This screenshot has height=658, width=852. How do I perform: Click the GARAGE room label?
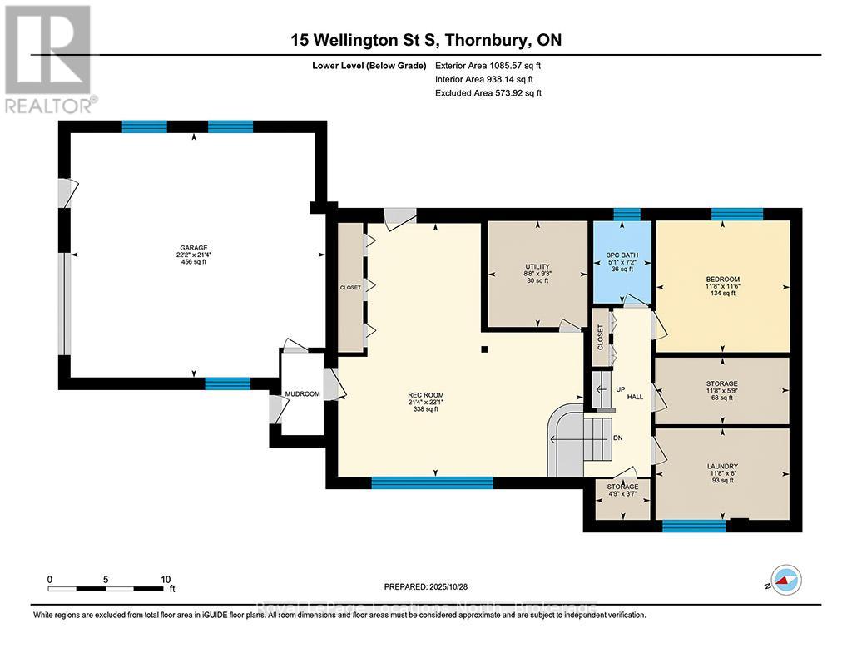pyautogui.click(x=193, y=247)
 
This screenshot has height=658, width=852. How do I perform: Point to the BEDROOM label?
pyautogui.click(x=721, y=280)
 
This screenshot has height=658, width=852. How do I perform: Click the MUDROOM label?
pyautogui.click(x=302, y=393)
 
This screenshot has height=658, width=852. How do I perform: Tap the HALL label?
pyautogui.click(x=635, y=398)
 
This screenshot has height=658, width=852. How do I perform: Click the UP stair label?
pyautogui.click(x=619, y=389)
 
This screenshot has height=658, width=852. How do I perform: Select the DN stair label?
pyautogui.click(x=617, y=438)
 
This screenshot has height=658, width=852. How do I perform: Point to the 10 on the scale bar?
pyautogui.click(x=166, y=579)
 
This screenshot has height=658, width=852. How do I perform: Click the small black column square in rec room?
pyautogui.click(x=485, y=350)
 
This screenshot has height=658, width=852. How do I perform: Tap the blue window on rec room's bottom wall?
pyautogui.click(x=432, y=482)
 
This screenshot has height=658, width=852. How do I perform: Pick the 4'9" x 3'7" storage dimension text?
pyautogui.click(x=622, y=496)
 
